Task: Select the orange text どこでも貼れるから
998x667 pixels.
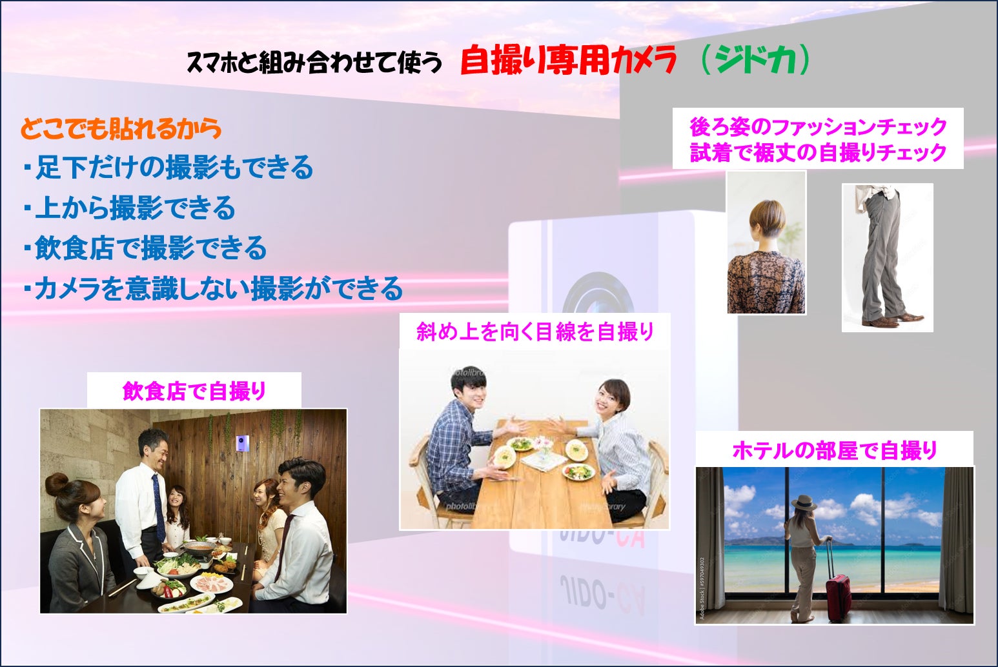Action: pyautogui.click(x=121, y=128)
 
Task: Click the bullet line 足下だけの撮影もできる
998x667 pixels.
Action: pyautogui.click(x=169, y=168)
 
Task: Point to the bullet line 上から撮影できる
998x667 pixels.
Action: pyautogui.click(x=130, y=208)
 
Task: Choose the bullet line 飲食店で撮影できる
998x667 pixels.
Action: pyautogui.click(x=146, y=248)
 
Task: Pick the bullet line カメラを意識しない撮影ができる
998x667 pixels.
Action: pyautogui.click(x=214, y=288)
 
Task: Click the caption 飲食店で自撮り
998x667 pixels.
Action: pyautogui.click(x=194, y=392)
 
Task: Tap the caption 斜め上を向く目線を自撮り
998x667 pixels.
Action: pyautogui.click(x=535, y=332)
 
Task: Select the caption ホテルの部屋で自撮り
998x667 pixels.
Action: pyautogui.click(x=835, y=450)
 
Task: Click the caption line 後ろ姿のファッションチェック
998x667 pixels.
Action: pyautogui.click(x=818, y=127)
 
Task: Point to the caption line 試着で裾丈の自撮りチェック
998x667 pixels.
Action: pyautogui.click(x=818, y=152)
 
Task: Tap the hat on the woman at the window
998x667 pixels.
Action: pyautogui.click(x=803, y=503)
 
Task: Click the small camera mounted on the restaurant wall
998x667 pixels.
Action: pyautogui.click(x=242, y=443)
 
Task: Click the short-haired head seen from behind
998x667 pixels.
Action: pyautogui.click(x=767, y=221)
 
